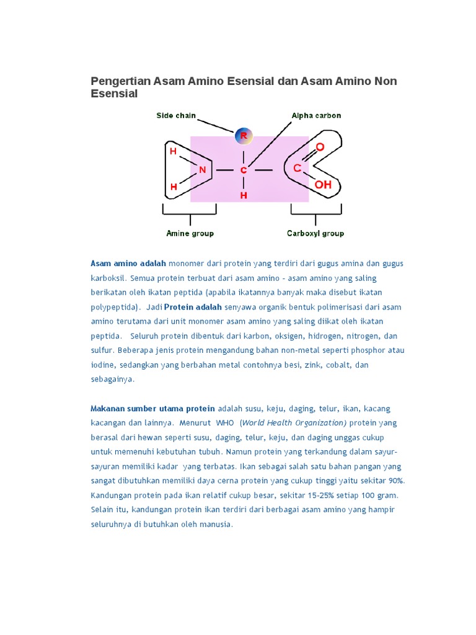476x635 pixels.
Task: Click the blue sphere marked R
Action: point(244,135)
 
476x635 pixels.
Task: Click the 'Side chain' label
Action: point(176,115)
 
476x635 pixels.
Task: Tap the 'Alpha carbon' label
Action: point(316,115)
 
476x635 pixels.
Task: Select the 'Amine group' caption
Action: point(190,233)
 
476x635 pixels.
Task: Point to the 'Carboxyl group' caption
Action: point(315,233)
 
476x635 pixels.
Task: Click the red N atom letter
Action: point(202,169)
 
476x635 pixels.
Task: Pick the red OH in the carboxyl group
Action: point(323,184)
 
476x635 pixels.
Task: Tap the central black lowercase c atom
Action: point(244,169)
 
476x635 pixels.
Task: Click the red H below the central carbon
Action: point(244,195)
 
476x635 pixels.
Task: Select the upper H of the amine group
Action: point(174,151)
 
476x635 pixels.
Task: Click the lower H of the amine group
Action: point(174,187)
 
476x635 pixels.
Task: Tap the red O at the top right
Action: point(320,147)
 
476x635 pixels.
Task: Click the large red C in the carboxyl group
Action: point(297,168)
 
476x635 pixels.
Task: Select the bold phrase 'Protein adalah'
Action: point(193,307)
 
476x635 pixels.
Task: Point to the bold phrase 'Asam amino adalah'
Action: point(128,264)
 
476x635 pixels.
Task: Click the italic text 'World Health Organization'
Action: point(294,423)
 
